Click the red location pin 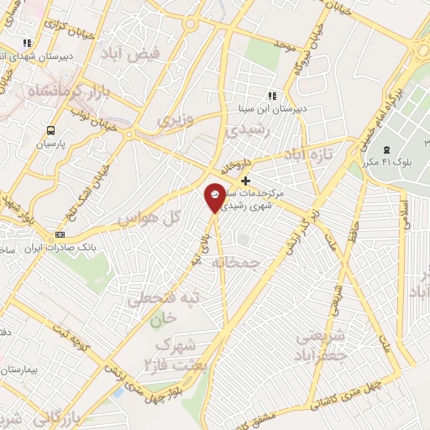click(x=215, y=197)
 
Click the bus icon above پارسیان click(x=52, y=130)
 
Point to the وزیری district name click(x=175, y=119)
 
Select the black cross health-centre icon click(x=245, y=181)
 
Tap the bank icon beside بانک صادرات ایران click(x=59, y=234)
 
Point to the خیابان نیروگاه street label click(x=312, y=53)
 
